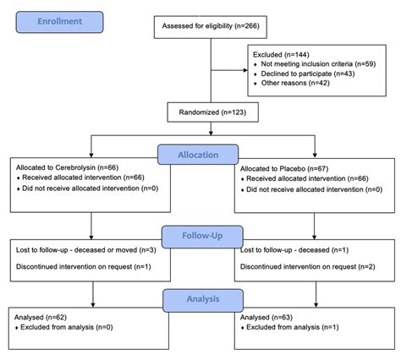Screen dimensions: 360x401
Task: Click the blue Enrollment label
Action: [x=60, y=21]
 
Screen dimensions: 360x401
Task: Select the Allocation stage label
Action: [x=200, y=155]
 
